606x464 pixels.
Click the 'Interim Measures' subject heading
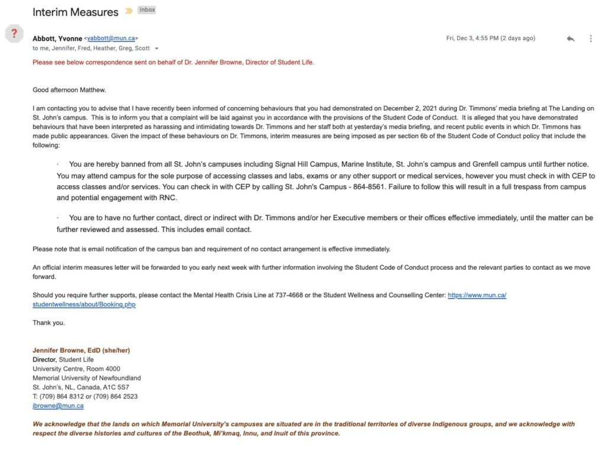pos(75,12)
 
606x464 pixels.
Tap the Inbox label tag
pos(147,10)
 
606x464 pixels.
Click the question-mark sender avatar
pos(14,34)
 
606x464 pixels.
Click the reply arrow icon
pos(570,38)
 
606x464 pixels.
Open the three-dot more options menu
pos(591,38)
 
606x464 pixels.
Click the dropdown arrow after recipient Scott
pos(157,49)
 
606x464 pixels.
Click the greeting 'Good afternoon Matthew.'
pos(69,90)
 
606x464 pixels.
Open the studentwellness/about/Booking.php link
pos(84,305)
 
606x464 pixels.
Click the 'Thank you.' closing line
pos(49,323)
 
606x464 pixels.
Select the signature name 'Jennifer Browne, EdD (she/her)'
pos(81,350)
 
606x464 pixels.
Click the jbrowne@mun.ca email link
pos(58,406)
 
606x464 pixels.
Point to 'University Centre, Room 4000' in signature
pos(76,369)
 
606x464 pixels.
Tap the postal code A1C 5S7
pos(117,387)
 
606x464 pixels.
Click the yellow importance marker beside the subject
pos(129,11)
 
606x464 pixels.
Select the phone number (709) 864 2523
pos(112,397)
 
